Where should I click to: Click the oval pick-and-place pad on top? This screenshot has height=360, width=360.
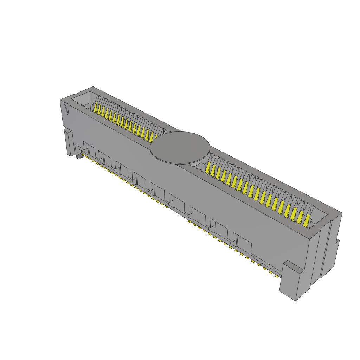pos(180,148)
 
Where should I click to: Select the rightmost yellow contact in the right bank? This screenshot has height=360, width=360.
pos(308,220)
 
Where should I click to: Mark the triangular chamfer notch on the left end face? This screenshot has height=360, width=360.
pos(66,109)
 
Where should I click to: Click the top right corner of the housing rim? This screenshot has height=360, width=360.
pos(341,213)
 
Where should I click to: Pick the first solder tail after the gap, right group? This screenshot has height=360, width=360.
pos(189,223)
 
